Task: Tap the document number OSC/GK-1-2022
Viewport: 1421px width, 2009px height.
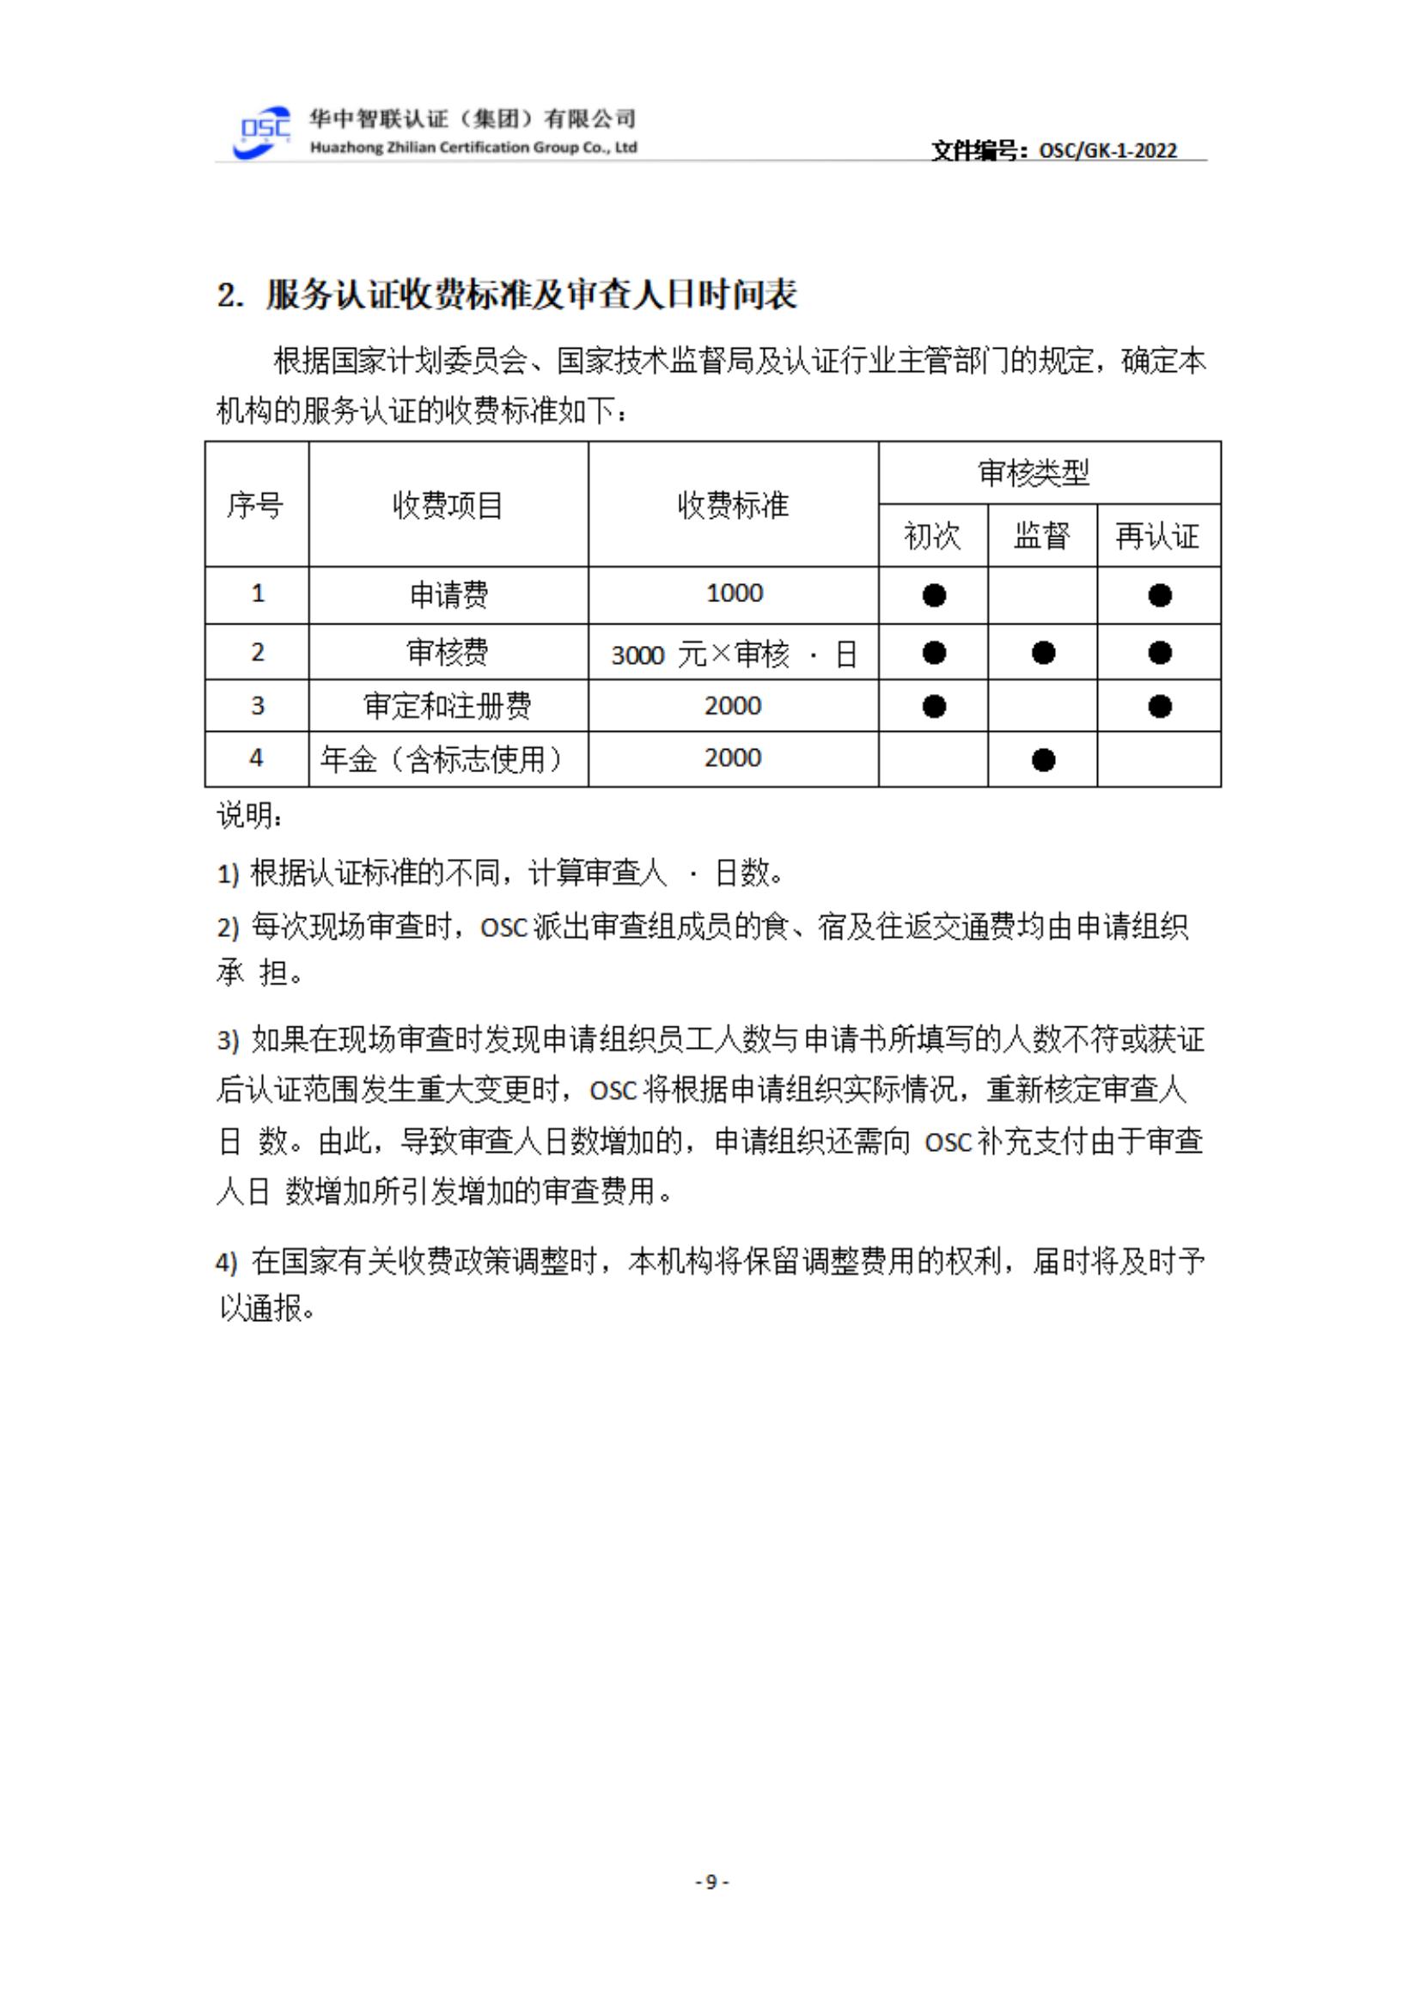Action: (1107, 150)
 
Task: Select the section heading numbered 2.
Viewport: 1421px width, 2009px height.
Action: (507, 295)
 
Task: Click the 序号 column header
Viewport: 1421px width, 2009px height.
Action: (255, 505)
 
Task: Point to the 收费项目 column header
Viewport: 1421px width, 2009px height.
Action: (447, 505)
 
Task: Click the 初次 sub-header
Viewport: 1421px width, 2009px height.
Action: (932, 535)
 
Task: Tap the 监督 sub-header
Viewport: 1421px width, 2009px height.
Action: (1041, 535)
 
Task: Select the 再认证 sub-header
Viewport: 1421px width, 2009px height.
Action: (1156, 535)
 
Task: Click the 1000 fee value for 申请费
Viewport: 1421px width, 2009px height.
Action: (734, 594)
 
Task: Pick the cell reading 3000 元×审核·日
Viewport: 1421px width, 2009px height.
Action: (733, 654)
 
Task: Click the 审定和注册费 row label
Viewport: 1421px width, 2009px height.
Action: (447, 705)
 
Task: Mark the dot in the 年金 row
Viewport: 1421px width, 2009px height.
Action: (1043, 760)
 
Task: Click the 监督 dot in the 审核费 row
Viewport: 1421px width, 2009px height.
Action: (1043, 653)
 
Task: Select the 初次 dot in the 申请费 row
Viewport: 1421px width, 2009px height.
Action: (934, 596)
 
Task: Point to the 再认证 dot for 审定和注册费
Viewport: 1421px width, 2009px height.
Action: (1159, 706)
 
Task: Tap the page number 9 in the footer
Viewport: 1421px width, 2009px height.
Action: (711, 1881)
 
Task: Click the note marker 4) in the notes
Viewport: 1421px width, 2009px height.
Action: (227, 1263)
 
